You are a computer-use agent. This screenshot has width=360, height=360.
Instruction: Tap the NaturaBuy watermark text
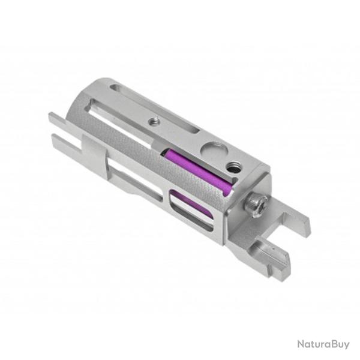coord(323,344)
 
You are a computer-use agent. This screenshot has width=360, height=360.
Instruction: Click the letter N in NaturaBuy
coord(300,344)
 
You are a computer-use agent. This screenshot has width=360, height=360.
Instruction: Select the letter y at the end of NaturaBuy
coord(346,345)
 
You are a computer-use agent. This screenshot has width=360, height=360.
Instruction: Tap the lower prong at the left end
coord(63,144)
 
